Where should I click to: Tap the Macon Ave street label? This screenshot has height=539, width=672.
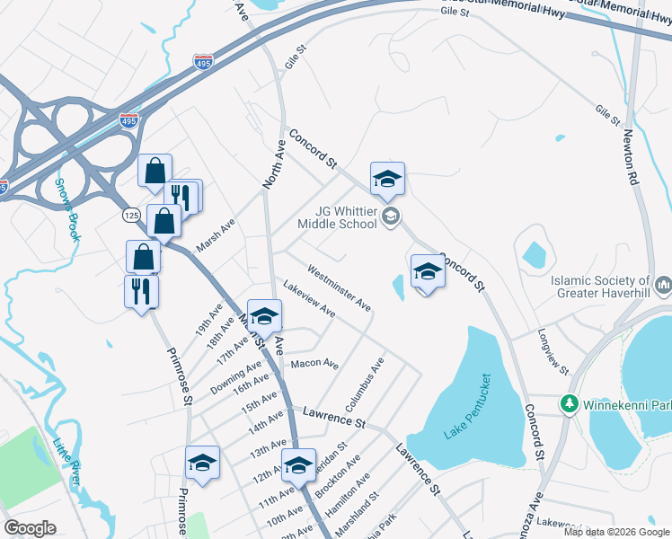tap(314, 365)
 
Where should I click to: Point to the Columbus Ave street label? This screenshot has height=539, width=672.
tap(369, 379)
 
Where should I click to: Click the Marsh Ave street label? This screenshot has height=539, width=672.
tap(216, 235)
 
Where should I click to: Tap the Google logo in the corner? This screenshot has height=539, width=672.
tap(30, 528)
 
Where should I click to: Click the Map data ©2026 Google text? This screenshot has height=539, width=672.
tap(616, 532)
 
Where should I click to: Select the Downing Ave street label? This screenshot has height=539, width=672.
tap(236, 376)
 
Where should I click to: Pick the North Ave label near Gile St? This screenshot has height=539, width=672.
tap(273, 168)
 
